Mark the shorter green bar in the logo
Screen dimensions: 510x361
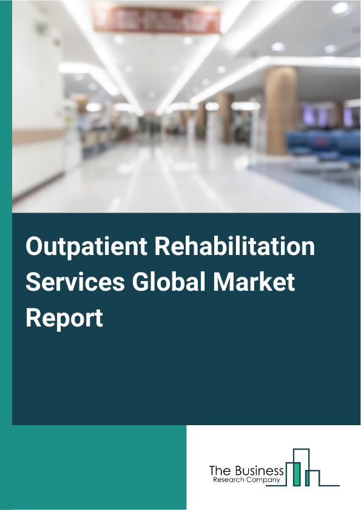click(308, 479)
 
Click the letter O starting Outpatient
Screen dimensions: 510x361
click(36, 248)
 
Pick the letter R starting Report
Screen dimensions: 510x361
click(33, 318)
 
